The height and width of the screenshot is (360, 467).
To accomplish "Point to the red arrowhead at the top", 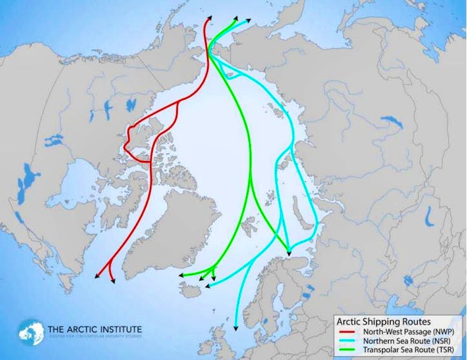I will (x=209, y=18).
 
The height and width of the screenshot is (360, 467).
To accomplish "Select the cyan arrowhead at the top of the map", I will (x=249, y=20).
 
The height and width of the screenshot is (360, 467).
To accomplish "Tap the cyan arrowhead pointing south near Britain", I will (x=235, y=329).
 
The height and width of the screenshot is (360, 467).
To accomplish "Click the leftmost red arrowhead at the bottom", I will (x=97, y=277).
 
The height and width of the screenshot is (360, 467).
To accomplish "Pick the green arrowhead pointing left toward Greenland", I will (x=180, y=276).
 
